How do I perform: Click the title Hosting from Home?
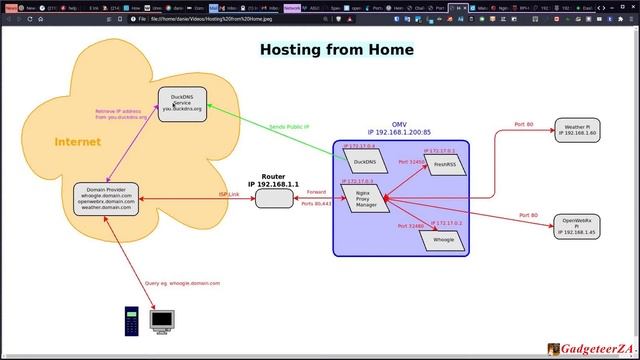point(336,49)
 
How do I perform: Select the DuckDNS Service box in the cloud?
point(182,104)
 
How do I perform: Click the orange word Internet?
point(77,142)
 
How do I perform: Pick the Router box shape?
point(273,198)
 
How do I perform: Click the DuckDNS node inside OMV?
point(364,161)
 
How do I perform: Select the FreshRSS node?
point(444,164)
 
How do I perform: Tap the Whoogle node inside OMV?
point(443,240)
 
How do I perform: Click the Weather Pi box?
point(580,130)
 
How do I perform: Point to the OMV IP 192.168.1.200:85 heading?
point(398,128)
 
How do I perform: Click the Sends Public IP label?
point(289,127)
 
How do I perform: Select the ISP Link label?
point(229,194)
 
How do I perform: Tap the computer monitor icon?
point(162,320)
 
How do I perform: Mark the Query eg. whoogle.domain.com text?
point(182,283)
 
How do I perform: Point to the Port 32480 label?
point(410,226)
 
